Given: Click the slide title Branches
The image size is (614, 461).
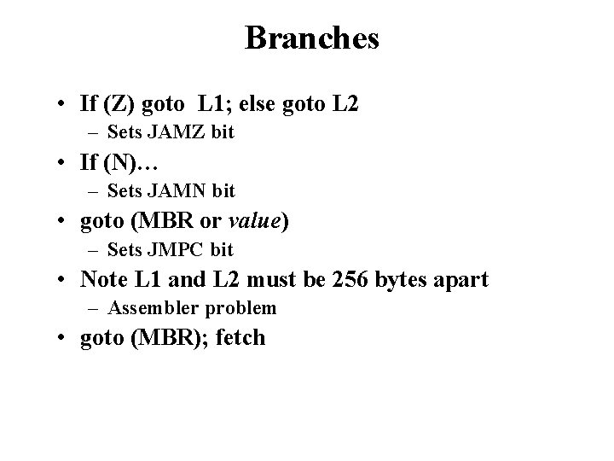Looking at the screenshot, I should pos(311,38).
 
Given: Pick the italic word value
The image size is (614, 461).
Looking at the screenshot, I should pos(257,221).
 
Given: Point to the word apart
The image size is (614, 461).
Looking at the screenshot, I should pos(462,279).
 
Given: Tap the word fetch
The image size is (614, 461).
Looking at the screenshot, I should pos(241,337).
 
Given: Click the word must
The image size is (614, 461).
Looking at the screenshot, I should pos(261,278).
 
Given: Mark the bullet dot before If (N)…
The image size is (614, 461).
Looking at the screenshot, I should pos(64,163).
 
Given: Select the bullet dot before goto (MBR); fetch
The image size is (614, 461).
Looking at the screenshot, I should pos(64,338).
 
